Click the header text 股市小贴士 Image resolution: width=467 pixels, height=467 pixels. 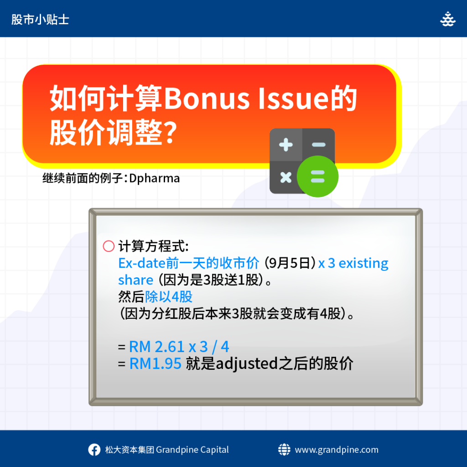[40, 20]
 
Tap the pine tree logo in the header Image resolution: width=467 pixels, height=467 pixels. [448, 19]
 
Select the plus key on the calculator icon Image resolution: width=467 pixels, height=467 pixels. [286, 145]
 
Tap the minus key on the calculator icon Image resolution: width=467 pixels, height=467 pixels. [319, 145]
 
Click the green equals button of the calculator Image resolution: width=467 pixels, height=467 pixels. [317, 176]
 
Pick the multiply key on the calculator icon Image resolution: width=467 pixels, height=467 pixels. [286, 177]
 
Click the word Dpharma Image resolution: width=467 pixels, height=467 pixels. [154, 179]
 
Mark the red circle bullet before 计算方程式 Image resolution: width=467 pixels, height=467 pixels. [109, 246]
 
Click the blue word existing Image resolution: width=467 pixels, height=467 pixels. [363, 264]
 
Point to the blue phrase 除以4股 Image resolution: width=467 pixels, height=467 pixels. [169, 296]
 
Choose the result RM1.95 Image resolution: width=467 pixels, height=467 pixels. [155, 363]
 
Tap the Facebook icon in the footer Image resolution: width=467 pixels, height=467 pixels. [94, 450]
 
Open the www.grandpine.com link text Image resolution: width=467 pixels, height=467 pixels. [337, 450]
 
